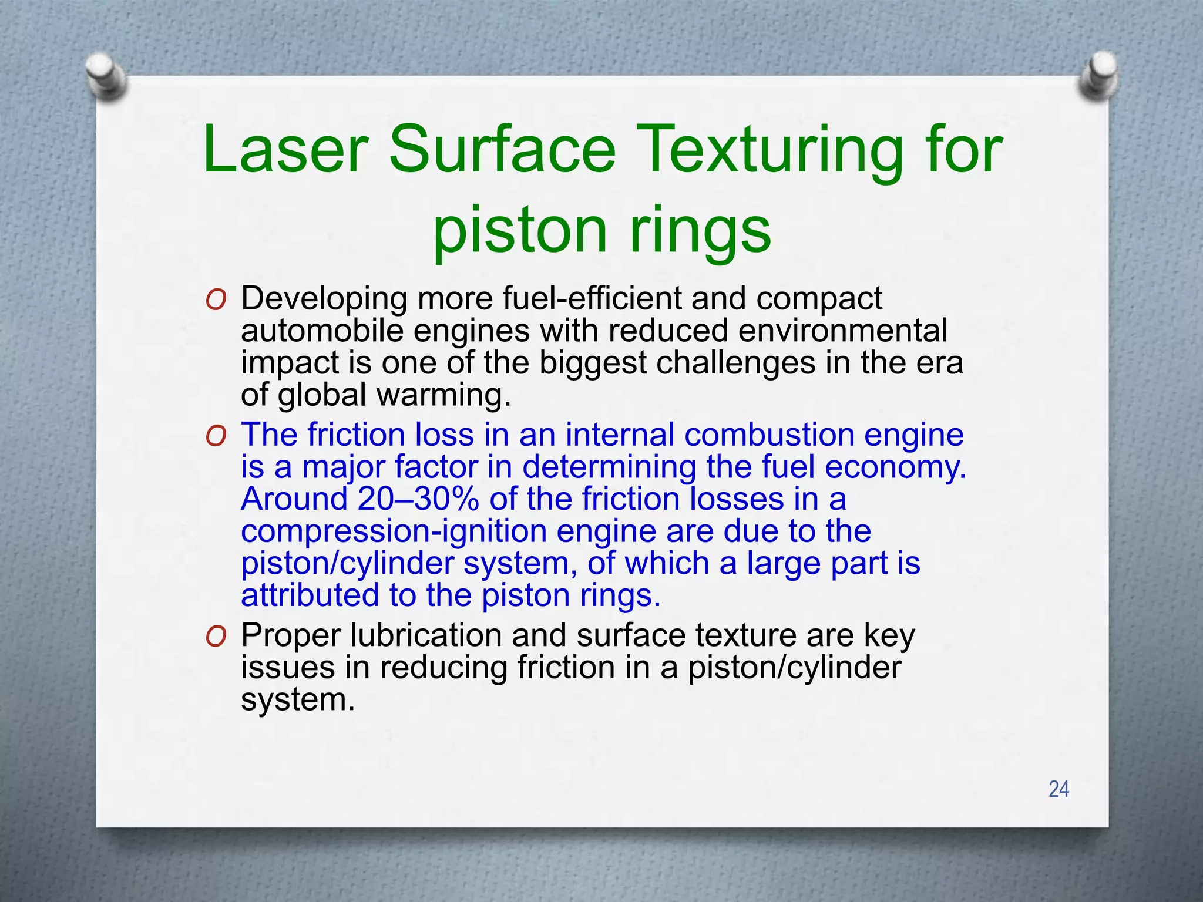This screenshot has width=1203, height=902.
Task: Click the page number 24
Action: (x=1058, y=789)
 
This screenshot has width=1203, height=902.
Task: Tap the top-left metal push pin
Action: (x=106, y=76)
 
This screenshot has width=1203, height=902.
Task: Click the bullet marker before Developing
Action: (x=216, y=301)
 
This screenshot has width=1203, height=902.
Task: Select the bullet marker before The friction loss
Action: (x=216, y=437)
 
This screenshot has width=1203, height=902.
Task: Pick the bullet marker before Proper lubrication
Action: (x=216, y=637)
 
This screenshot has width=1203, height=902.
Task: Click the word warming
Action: (x=443, y=395)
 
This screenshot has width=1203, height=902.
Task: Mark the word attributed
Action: (x=310, y=595)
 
